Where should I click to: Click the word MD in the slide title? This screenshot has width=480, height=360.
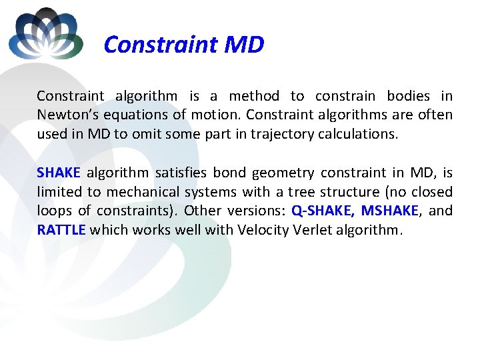[245, 45]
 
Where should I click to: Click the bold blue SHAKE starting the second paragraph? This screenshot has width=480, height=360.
[59, 173]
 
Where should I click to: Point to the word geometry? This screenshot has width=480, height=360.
[283, 173]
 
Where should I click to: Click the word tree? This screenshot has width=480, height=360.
[301, 192]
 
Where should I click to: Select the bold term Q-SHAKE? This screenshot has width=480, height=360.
[323, 211]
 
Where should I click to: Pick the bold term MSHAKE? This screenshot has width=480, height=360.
[390, 211]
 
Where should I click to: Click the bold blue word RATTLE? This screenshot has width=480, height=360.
[61, 229]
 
